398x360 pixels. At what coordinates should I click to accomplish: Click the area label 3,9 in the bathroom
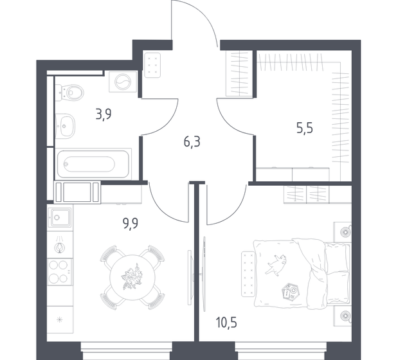pos(104,114)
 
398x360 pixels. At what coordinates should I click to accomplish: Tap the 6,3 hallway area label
pos(192,142)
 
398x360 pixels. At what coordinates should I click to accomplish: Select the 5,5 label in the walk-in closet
pos(305,128)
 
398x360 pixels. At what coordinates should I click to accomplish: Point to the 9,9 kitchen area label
pos(131,224)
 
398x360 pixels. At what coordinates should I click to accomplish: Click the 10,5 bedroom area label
pos(226,322)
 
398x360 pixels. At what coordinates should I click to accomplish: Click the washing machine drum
pos(123,82)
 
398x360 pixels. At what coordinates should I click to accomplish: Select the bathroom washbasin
pos(65,126)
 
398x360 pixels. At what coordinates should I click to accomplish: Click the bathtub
pos(93,164)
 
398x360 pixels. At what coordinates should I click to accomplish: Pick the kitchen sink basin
pos(60,217)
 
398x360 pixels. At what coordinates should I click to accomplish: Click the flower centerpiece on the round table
pos(132,277)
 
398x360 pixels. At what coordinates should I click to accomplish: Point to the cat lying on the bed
pos(276,265)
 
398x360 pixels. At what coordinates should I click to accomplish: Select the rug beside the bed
pos(248,273)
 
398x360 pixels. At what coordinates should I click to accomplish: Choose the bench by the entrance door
pos(152,65)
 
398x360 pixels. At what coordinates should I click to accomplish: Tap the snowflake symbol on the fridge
pos(60,319)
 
